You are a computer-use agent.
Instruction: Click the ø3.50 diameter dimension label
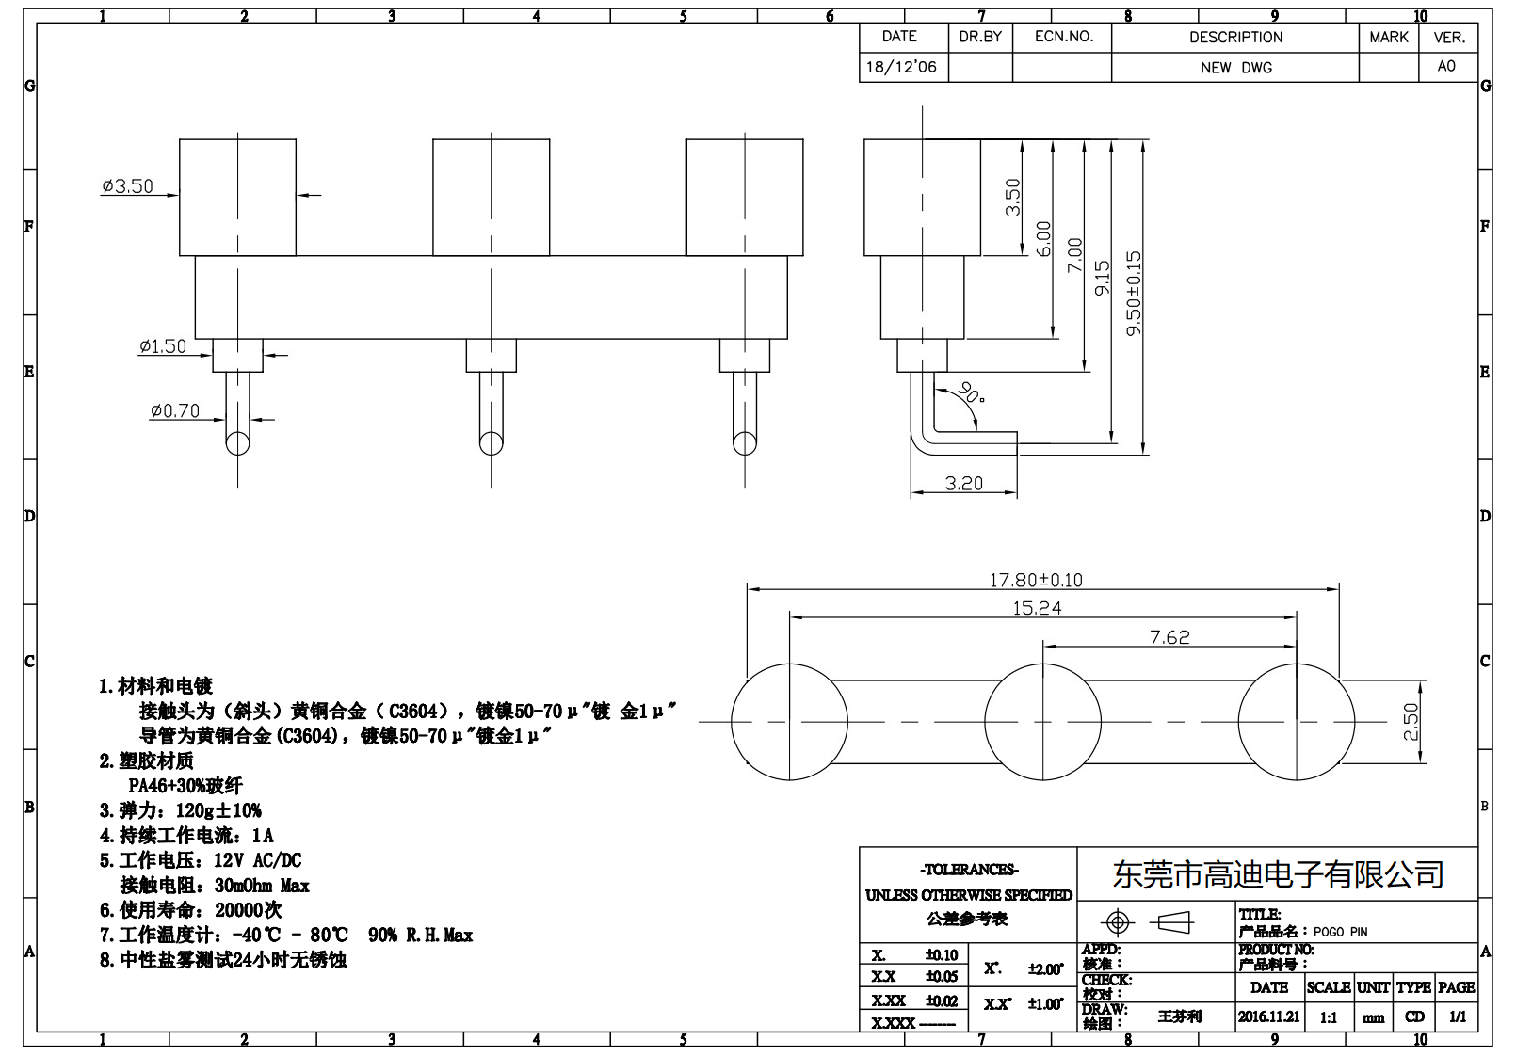tap(127, 186)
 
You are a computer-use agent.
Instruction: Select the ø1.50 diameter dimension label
tap(163, 346)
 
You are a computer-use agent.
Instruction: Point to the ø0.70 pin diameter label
tap(174, 411)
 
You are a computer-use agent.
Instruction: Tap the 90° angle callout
tap(969, 393)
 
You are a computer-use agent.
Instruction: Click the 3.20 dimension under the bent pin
tap(963, 483)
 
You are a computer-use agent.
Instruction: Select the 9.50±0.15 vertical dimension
tap(1134, 293)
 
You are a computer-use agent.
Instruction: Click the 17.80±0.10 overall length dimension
tap(1036, 580)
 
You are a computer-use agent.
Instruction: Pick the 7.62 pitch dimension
tap(1169, 637)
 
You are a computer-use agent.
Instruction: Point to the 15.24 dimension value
tap(1037, 608)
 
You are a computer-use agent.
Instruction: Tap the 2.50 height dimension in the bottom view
tap(1411, 722)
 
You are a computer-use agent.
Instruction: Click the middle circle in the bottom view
tap(1042, 722)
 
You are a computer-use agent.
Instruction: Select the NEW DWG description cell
tap(1235, 68)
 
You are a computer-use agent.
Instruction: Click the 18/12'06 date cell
tap(901, 67)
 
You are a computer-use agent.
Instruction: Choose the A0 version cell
tap(1446, 66)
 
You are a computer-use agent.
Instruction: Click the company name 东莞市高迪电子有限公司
tap(1278, 875)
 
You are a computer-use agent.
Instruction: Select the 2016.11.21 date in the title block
tap(1268, 1016)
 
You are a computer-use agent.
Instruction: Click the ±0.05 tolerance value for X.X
tap(941, 977)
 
